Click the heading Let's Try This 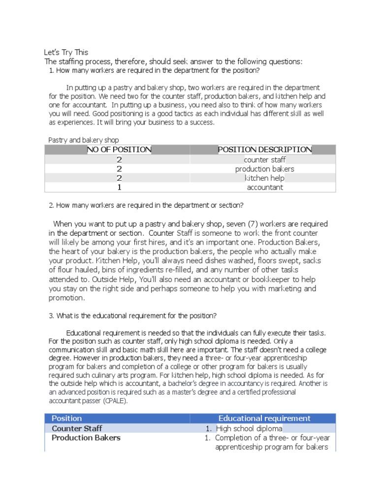[66, 52]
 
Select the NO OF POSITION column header [119, 150]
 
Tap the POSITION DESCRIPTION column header [265, 150]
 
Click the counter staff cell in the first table [265, 159]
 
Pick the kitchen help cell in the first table [265, 178]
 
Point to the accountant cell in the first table [265, 188]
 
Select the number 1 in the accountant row [119, 188]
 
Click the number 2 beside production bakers [119, 169]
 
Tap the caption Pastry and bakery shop [83, 140]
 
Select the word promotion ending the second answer [66, 298]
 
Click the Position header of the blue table [67, 418]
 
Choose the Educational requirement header [264, 418]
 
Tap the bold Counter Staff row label [77, 428]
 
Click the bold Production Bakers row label [86, 438]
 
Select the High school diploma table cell [249, 428]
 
